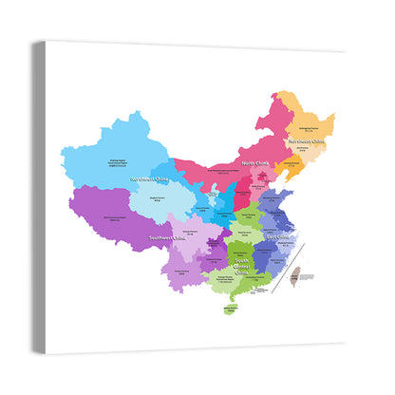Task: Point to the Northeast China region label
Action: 309,141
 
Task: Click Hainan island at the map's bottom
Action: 229,309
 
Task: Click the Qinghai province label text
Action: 155,199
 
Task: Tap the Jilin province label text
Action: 304,149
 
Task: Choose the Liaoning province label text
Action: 288,170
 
